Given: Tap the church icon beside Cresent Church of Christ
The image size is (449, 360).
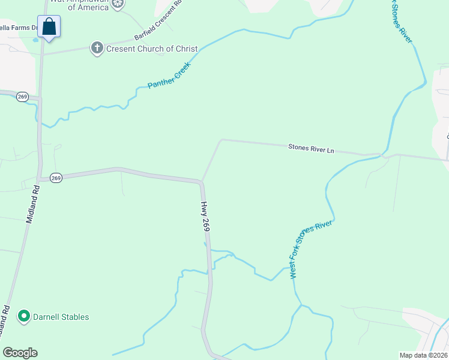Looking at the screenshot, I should pyautogui.click(x=97, y=49).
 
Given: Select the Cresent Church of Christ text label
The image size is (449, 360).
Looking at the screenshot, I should pyautogui.click(x=152, y=49).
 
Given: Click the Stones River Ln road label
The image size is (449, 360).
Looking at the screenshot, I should pyautogui.click(x=311, y=148).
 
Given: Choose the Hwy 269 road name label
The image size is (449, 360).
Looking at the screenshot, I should pyautogui.click(x=205, y=217).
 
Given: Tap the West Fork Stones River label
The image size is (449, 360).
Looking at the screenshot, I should pyautogui.click(x=310, y=249).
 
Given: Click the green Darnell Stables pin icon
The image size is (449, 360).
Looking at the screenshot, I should pyautogui.click(x=24, y=316).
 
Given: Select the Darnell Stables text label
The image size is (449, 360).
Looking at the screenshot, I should pyautogui.click(x=61, y=317).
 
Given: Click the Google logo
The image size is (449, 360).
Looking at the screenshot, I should pyautogui.click(x=20, y=353).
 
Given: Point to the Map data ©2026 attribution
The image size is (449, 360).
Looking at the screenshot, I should pyautogui.click(x=423, y=355).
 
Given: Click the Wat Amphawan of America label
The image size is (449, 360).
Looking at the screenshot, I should pyautogui.click(x=88, y=5).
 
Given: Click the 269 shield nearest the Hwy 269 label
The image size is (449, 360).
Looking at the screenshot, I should pyautogui.click(x=56, y=178).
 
